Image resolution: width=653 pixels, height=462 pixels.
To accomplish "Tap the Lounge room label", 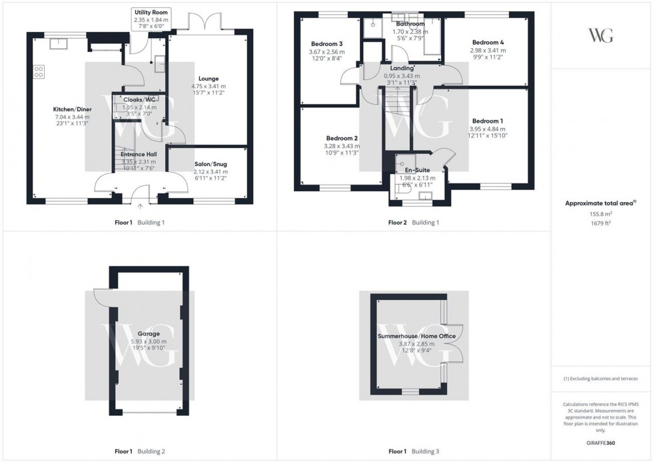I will click(x=208, y=79).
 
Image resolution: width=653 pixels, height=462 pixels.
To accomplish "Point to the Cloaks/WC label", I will click(x=140, y=99).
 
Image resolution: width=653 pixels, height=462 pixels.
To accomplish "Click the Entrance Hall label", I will click(x=139, y=154).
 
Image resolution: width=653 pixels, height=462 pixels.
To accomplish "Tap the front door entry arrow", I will click(x=140, y=207).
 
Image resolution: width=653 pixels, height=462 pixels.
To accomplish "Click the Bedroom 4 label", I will click(x=487, y=42).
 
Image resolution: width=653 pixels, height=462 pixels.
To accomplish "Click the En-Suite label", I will click(x=416, y=171).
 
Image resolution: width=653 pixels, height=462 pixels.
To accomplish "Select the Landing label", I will click(x=402, y=67).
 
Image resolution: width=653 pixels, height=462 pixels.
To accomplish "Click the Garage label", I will click(x=148, y=333).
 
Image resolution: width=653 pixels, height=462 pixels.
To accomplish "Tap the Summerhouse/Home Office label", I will click(x=416, y=336).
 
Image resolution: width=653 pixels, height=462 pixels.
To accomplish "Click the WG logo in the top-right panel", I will click(x=602, y=35).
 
